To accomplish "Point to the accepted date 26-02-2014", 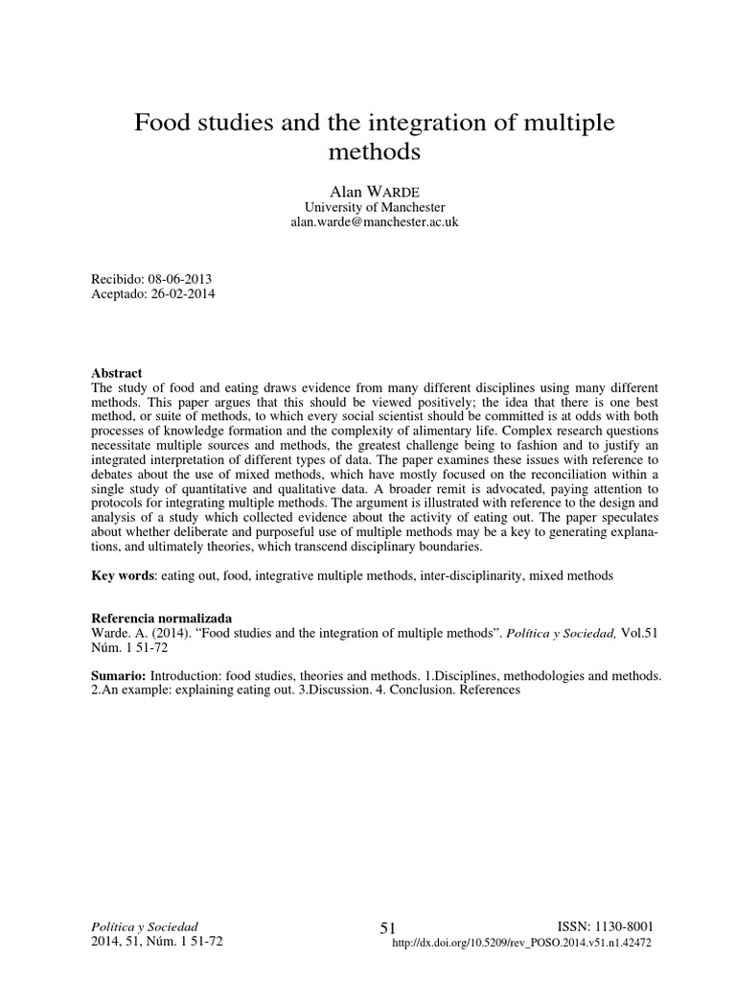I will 182,294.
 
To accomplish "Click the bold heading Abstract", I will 116,372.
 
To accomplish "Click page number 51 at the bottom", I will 387,928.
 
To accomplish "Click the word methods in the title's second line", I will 374,152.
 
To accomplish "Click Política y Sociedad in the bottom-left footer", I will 143,927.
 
